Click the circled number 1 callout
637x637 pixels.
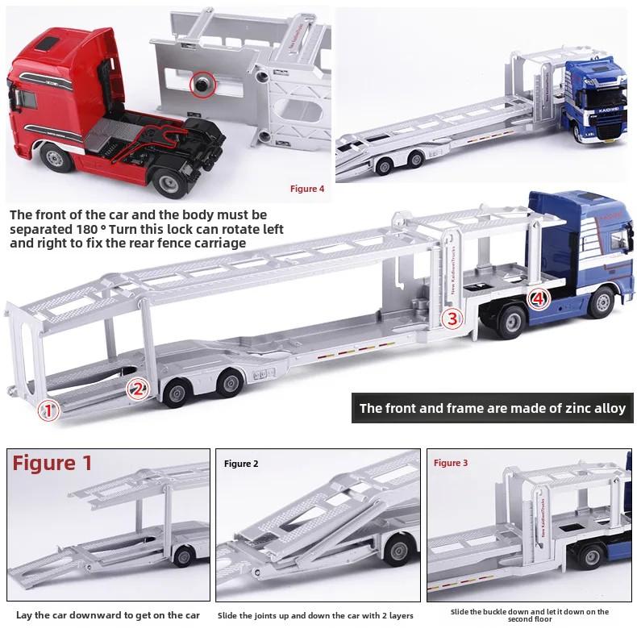click(x=50, y=410)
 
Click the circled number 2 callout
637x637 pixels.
click(x=139, y=390)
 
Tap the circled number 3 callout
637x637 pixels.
click(x=452, y=318)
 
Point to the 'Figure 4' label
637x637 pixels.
click(x=307, y=189)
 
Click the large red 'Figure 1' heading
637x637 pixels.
click(x=53, y=464)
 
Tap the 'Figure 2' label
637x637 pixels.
click(x=241, y=464)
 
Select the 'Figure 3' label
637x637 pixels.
click(x=451, y=463)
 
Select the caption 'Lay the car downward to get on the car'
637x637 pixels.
click(x=108, y=615)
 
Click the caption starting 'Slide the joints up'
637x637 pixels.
click(x=315, y=615)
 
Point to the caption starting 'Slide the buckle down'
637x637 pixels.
click(x=530, y=615)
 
